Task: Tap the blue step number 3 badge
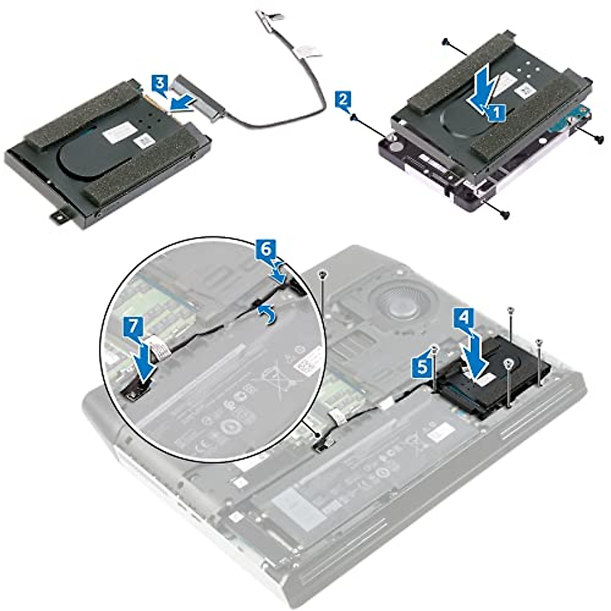tap(159, 83)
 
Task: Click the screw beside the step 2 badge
tap(354, 118)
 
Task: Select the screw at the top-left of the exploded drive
tap(447, 41)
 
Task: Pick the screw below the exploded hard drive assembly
tap(504, 215)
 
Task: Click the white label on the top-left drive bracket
tap(126, 136)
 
